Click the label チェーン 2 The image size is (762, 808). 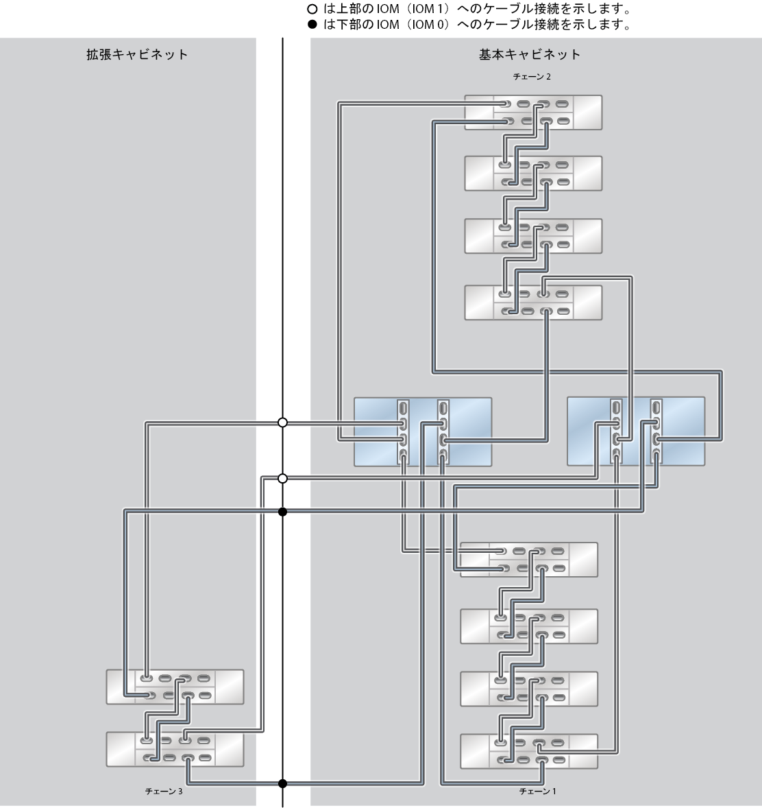click(x=531, y=77)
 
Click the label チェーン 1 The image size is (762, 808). click(x=537, y=791)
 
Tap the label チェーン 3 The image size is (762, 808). click(x=164, y=791)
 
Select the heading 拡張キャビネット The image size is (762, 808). click(x=137, y=55)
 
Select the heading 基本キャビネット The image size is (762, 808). click(x=530, y=55)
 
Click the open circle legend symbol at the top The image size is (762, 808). click(x=312, y=9)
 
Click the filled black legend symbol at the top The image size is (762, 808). click(x=312, y=24)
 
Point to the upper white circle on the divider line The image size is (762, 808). click(x=282, y=423)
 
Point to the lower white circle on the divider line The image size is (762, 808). click(x=282, y=479)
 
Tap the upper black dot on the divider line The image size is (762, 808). click(x=282, y=512)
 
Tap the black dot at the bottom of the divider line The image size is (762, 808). click(x=282, y=784)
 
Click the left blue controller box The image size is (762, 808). click(x=423, y=432)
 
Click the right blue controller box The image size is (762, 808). click(x=636, y=431)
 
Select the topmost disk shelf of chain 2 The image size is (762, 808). click(x=533, y=112)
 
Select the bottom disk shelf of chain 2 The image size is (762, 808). click(x=533, y=302)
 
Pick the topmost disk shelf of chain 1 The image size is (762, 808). click(x=529, y=560)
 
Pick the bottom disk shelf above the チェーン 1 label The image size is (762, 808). click(x=529, y=751)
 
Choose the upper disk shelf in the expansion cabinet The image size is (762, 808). click(x=175, y=687)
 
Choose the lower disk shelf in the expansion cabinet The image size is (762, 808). click(x=175, y=749)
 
